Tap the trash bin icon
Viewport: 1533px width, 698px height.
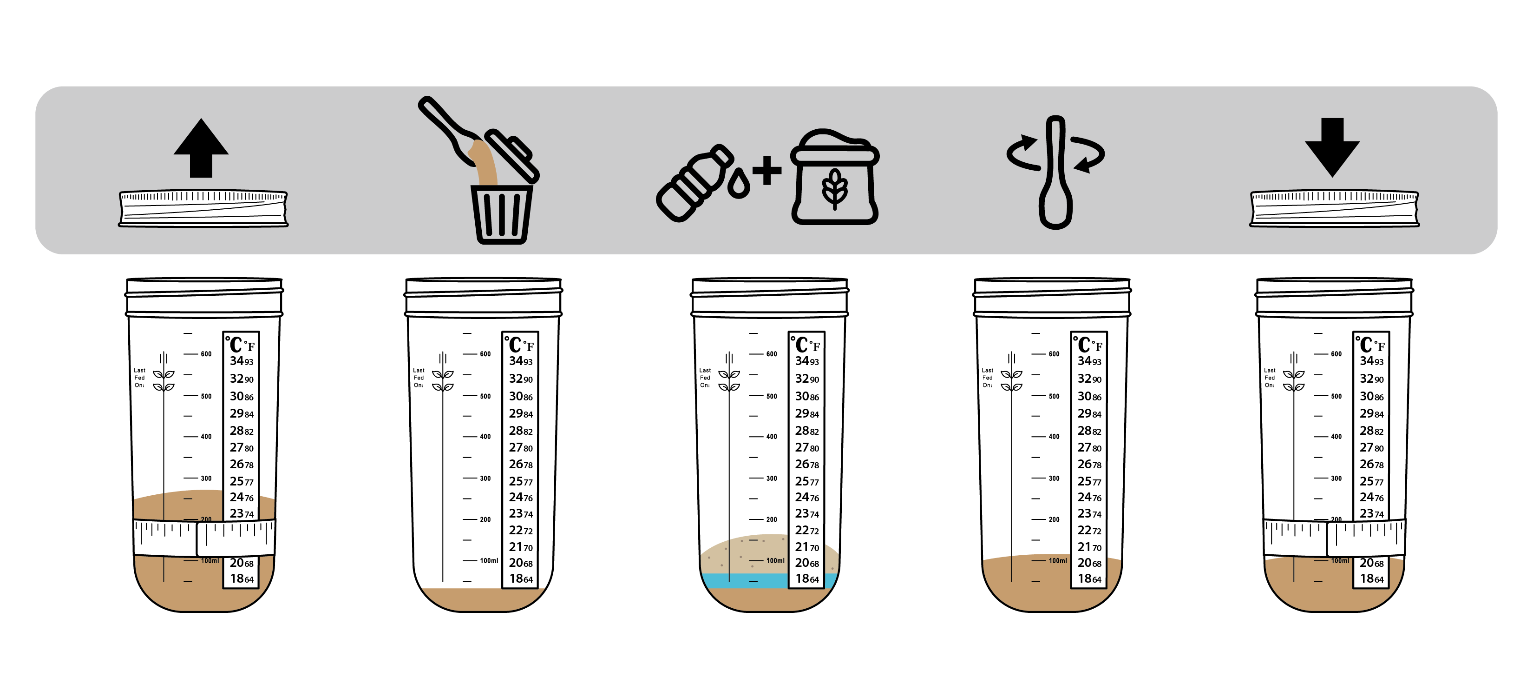click(x=502, y=214)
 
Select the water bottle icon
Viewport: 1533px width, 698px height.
click(x=694, y=183)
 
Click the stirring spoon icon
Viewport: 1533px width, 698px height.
click(x=1056, y=173)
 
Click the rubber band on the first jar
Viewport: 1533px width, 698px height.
click(x=204, y=537)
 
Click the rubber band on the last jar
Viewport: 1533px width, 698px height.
click(x=1334, y=537)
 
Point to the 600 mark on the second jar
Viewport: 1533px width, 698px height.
click(x=485, y=354)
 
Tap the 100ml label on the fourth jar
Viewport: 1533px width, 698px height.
click(x=1057, y=560)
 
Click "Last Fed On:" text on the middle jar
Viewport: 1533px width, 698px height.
click(x=705, y=378)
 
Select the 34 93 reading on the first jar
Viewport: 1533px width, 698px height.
click(x=242, y=361)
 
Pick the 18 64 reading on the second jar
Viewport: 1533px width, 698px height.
click(x=521, y=578)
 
